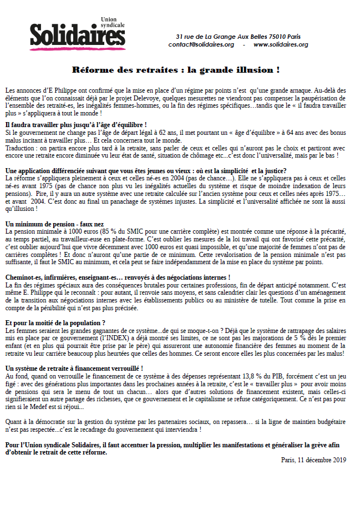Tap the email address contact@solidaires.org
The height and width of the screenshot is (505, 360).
[x=201, y=44]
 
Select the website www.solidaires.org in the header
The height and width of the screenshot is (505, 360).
[x=281, y=44]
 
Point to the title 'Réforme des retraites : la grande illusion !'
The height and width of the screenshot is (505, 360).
[x=175, y=70]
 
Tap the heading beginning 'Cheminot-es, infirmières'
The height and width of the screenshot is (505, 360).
[x=117, y=276]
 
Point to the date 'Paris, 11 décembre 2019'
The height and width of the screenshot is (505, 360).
[x=313, y=459]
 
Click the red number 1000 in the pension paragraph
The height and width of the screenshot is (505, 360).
[x=77, y=230]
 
